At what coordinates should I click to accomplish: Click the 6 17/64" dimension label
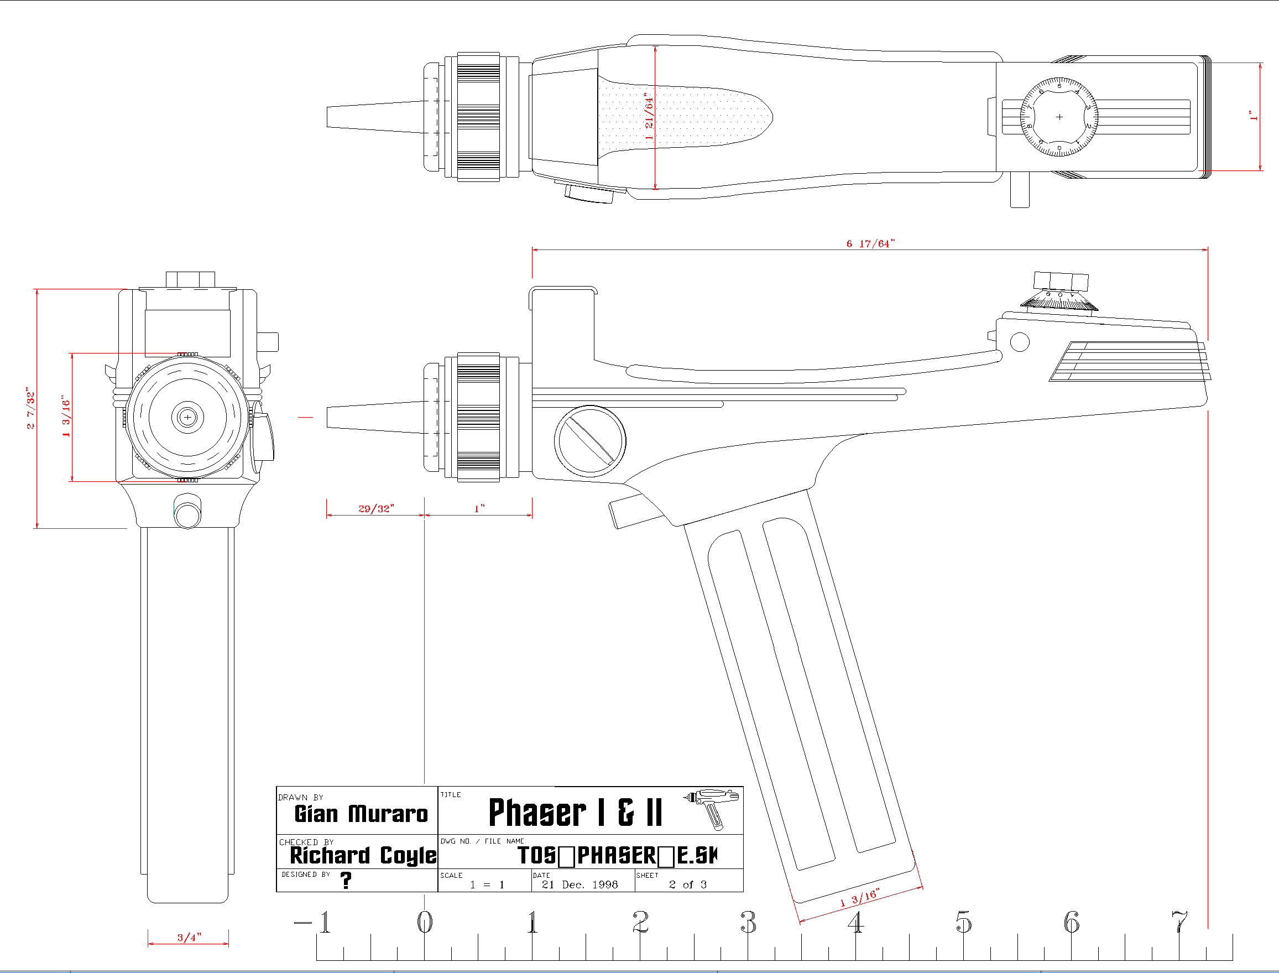[x=870, y=244]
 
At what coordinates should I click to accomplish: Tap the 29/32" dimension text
[x=376, y=508]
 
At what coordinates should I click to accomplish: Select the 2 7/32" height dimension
[x=30, y=409]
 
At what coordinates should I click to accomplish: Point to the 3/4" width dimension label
[x=189, y=937]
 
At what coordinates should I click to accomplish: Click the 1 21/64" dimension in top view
[x=649, y=116]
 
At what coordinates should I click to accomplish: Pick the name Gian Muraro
[x=361, y=814]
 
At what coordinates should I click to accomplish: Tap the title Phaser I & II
[x=575, y=812]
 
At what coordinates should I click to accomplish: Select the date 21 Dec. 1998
[x=580, y=884]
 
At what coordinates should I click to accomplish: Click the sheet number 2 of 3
[x=687, y=884]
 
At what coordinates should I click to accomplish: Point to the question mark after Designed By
[x=346, y=880]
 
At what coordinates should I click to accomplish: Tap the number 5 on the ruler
[x=963, y=922]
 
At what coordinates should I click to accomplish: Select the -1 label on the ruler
[x=313, y=922]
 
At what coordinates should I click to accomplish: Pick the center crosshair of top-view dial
[x=1059, y=117]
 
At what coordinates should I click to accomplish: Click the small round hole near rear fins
[x=1020, y=342]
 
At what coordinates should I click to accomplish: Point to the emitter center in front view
[x=187, y=417]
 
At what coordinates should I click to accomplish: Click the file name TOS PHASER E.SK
[x=617, y=855]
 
